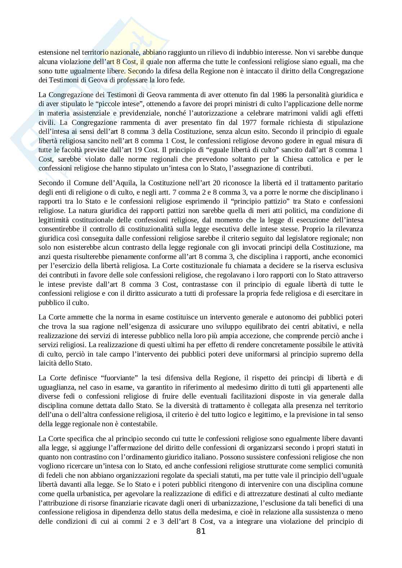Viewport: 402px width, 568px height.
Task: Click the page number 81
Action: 201,531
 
